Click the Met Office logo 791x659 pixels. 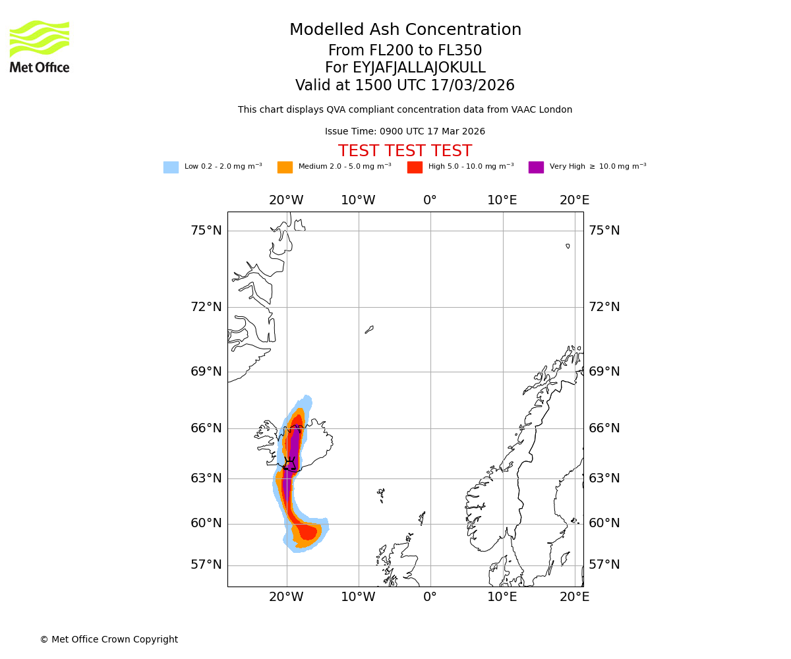coord(40,46)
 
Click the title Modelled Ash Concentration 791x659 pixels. coord(405,30)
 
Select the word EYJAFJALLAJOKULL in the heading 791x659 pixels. coord(419,68)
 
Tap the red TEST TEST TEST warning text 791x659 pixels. coord(405,151)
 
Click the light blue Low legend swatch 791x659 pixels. coord(171,167)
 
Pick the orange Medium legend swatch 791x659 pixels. coord(285,167)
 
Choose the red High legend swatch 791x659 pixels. coord(415,167)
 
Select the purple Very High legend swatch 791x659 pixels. coord(536,167)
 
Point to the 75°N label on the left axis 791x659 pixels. coord(206,231)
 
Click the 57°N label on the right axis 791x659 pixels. coord(604,565)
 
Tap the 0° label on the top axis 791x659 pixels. coord(430,200)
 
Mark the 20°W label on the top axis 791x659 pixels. coord(286,200)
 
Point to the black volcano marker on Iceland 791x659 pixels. coord(289,463)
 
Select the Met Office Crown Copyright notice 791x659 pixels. coord(109,639)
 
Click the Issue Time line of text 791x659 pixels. coord(405,132)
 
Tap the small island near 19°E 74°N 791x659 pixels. coord(568,246)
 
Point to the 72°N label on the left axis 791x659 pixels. coord(206,307)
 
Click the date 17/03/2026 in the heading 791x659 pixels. coord(473,86)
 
